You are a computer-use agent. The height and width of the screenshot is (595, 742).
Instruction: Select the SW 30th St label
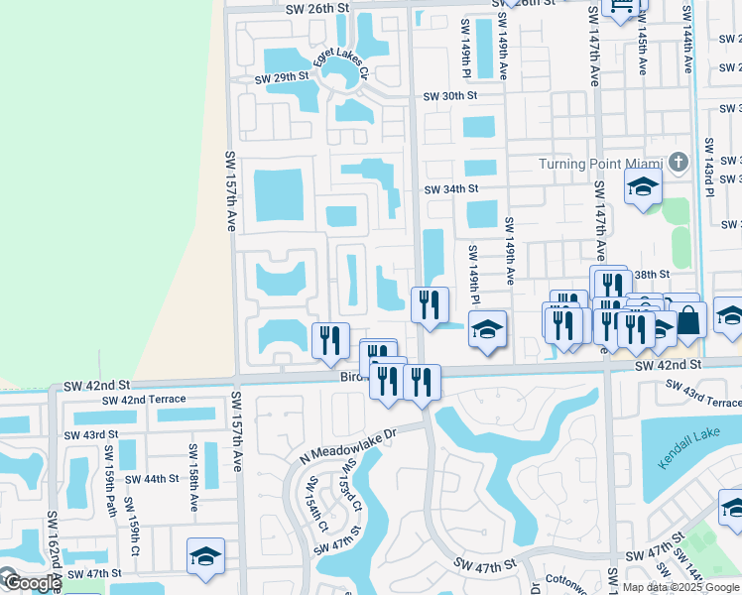pos(450,96)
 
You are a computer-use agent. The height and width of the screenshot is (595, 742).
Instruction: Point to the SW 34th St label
pos(451,188)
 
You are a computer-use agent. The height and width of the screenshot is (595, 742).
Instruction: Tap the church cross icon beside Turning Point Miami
pos(678,162)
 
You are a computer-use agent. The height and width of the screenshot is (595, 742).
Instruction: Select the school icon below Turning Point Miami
pos(643,186)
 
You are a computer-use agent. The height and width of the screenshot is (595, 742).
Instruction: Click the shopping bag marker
pos(688,320)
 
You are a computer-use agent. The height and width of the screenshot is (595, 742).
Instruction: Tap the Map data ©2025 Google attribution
pos(680,587)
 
